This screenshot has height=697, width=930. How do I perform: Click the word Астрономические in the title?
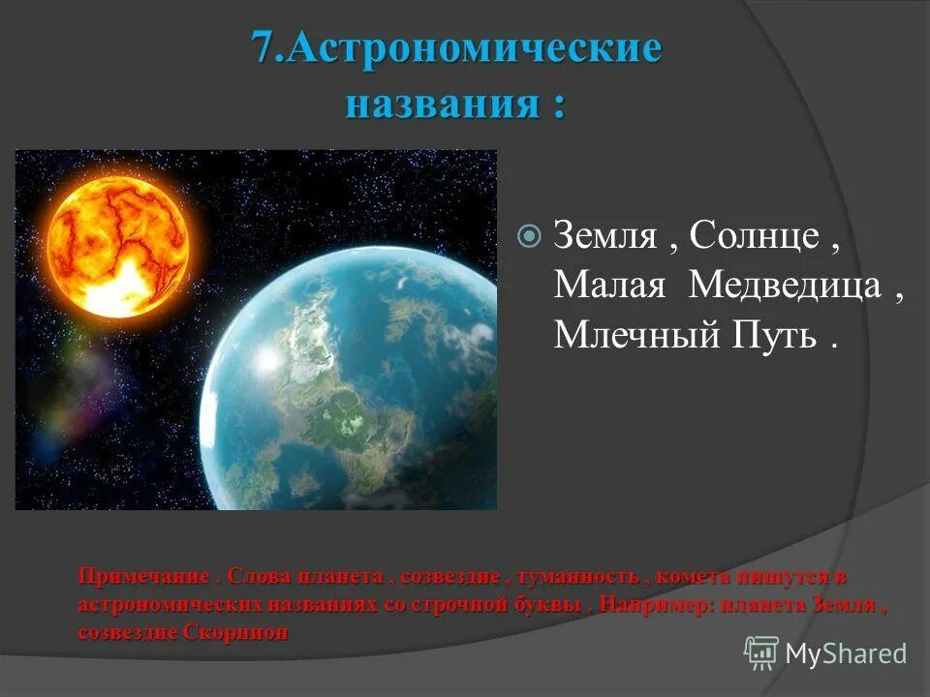click(474, 48)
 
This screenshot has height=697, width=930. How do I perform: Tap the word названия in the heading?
click(442, 103)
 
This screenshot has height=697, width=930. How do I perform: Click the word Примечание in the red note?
click(142, 577)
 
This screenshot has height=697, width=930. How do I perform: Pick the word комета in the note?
click(693, 577)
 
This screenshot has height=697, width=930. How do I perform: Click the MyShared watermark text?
click(846, 653)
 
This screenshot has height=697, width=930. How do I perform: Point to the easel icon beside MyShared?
click(761, 653)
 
